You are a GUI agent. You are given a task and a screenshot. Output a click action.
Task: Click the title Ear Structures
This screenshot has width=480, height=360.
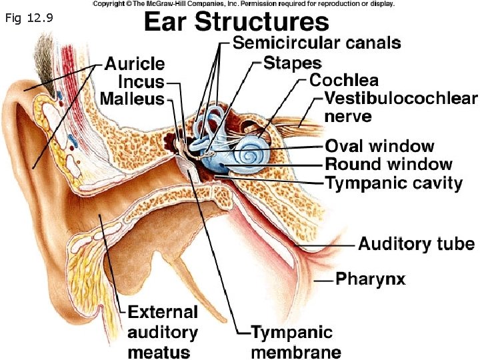coord(237,22)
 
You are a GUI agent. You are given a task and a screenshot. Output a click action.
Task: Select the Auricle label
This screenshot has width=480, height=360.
coord(135,64)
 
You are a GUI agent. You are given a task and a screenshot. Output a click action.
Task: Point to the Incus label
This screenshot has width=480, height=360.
coord(141,81)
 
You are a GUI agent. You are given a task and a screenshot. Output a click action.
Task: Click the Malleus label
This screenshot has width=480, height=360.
coord(132,99)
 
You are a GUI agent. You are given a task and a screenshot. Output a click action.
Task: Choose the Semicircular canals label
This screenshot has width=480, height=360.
coord(317,43)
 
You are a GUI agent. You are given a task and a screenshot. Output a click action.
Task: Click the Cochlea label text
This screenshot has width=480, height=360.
coord(344,81)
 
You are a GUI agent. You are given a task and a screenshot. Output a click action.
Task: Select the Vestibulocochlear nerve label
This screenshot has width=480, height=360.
coord(401,107)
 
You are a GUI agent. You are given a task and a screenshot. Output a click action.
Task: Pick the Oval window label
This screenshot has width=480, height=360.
coord(379,146)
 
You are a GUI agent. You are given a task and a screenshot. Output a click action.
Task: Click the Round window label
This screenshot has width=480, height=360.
coord(389,164)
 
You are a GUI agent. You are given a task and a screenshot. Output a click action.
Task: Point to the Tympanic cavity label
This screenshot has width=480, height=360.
coord(393,183)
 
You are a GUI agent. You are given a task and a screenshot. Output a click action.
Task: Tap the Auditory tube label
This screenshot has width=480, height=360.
coord(417,243)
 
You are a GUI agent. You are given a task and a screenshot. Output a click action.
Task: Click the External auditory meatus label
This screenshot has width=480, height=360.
coord(162,331)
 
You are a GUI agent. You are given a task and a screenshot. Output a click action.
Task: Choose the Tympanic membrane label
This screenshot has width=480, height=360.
coord(295,341)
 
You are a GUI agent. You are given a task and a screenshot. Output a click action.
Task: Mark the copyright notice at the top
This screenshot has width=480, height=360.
coord(243,4)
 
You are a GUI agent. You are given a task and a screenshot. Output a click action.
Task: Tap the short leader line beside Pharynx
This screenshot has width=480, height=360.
coord(323,281)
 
